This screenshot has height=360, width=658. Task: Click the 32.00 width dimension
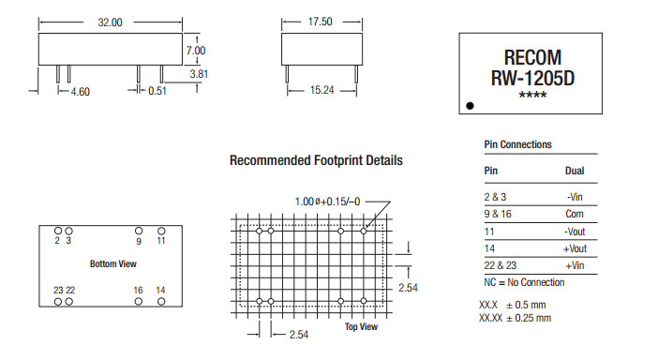[110, 22]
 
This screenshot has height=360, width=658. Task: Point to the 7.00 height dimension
[196, 51]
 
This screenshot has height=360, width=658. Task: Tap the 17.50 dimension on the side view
[320, 22]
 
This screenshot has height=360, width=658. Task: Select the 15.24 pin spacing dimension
[322, 90]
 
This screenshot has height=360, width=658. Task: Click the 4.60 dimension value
[81, 92]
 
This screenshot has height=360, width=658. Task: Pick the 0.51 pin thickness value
[157, 91]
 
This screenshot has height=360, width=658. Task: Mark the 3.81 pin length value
[199, 74]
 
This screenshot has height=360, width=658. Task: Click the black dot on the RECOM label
[470, 106]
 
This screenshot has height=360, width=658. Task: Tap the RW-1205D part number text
[532, 78]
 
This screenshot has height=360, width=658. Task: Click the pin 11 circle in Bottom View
[161, 231]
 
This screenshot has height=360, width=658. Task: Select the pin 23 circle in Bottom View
[58, 302]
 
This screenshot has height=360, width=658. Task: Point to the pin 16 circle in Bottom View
[139, 301]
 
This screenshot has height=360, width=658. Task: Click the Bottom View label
[113, 264]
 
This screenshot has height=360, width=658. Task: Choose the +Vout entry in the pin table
[575, 248]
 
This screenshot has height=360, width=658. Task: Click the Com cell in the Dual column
[575, 214]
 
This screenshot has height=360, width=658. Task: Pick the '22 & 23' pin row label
[501, 265]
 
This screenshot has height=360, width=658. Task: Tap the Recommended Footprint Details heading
[316, 160]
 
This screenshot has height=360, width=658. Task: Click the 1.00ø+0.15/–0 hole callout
[327, 202]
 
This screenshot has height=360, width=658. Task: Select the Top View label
[361, 327]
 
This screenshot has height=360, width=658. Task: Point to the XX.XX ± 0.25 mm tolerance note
[515, 318]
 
